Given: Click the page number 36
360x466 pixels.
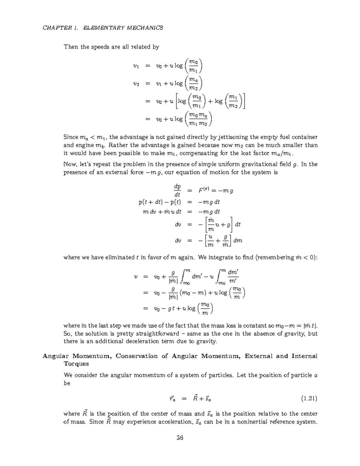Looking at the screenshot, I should pyautogui.click(x=180, y=437).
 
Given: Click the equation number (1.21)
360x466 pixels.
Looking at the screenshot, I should pyautogui.click(x=309, y=399).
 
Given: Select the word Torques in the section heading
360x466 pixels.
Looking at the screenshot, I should pyautogui.click(x=76, y=364).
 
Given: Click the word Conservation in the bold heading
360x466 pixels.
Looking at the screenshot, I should pyautogui.click(x=136, y=356).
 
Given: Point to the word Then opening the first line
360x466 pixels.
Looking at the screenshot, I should pyautogui.click(x=71, y=47).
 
